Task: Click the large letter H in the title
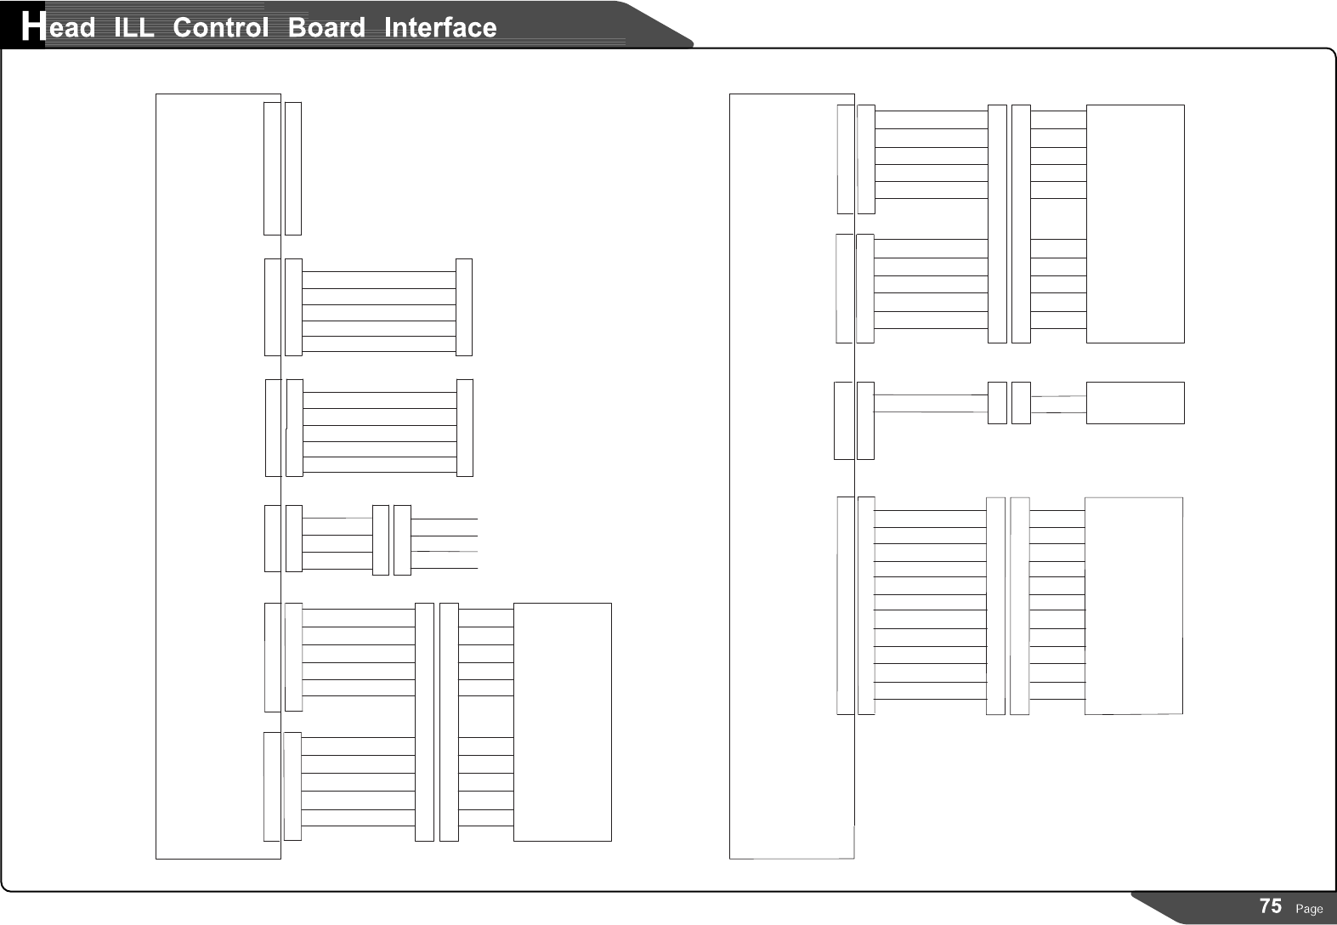click(31, 27)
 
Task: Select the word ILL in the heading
click(133, 28)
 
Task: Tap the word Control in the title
click(220, 28)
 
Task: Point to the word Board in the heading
click(326, 28)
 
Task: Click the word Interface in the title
click(440, 28)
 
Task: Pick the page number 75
click(1271, 906)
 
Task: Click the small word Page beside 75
click(1309, 909)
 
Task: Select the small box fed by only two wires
click(1135, 403)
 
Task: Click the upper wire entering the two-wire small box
click(1059, 396)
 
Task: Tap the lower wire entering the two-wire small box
click(1059, 412)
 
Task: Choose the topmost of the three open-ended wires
click(445, 519)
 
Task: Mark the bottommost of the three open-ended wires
click(445, 567)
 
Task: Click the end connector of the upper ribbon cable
click(464, 307)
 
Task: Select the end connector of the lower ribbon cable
click(465, 428)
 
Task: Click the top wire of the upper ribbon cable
click(379, 272)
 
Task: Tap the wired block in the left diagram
click(562, 722)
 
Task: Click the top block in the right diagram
click(1135, 224)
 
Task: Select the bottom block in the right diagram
click(1133, 605)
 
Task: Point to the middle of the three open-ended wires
click(445, 536)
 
